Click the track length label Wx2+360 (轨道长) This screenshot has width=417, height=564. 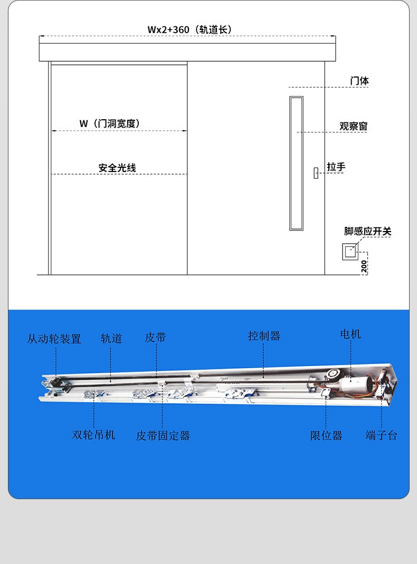(x=189, y=30)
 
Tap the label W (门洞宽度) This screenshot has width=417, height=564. (x=109, y=123)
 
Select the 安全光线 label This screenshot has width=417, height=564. (x=117, y=168)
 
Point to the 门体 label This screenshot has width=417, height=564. (x=359, y=81)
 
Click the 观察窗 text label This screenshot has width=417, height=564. (x=353, y=126)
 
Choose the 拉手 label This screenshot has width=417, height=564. (x=336, y=167)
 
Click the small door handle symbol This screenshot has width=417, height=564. (x=316, y=173)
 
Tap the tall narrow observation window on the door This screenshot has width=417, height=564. (x=297, y=164)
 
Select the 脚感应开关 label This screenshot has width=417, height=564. (x=367, y=231)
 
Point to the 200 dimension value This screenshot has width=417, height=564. (x=364, y=266)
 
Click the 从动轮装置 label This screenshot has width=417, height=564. (x=54, y=339)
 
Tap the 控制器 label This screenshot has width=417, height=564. (x=264, y=336)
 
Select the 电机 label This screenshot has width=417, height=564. (x=350, y=334)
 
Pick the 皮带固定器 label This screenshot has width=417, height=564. (x=163, y=436)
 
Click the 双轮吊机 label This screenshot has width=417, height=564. (x=93, y=435)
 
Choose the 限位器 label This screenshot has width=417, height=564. (x=326, y=436)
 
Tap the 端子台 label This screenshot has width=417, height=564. (x=382, y=435)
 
